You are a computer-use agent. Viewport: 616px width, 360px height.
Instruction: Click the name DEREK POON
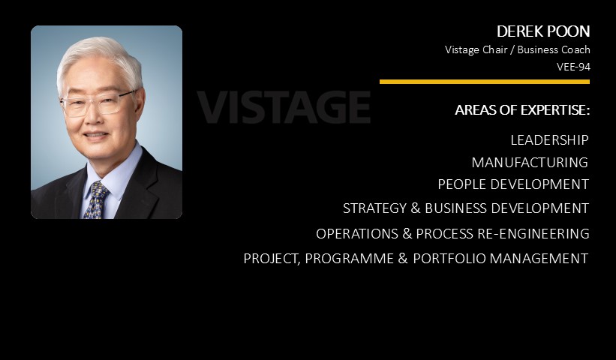[543, 31]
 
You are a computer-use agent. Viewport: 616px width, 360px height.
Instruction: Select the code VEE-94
[573, 67]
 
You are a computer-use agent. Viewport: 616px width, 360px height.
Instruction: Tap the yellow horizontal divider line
[485, 82]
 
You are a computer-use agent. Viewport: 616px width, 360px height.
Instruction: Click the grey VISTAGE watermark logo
[284, 106]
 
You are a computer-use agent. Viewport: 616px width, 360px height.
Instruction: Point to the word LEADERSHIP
[550, 139]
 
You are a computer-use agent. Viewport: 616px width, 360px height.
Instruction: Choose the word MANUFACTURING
[530, 162]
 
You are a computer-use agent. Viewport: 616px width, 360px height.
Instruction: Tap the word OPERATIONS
[357, 233]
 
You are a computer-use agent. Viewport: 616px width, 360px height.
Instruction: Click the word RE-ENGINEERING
[533, 233]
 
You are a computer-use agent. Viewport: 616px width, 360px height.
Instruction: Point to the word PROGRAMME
[349, 258]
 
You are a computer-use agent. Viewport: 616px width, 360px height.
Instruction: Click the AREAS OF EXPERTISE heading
[522, 110]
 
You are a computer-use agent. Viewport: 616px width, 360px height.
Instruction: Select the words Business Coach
[554, 49]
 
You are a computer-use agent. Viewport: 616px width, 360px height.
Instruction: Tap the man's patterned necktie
[96, 200]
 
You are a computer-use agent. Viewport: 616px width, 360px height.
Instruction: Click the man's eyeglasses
[98, 103]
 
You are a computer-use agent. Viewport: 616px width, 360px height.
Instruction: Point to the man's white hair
[101, 59]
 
